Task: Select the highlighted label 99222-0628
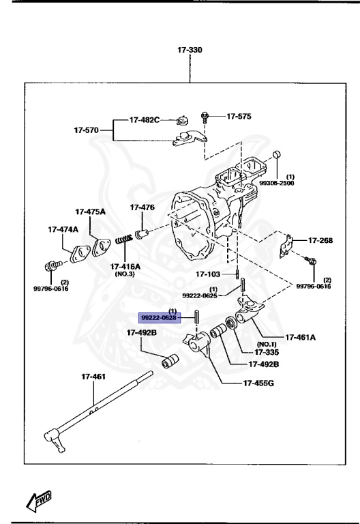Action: tap(158, 318)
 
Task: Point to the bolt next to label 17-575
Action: tap(205, 116)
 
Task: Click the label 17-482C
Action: tap(145, 120)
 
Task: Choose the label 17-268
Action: tap(320, 240)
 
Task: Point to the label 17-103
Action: tap(209, 274)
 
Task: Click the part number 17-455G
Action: tap(259, 383)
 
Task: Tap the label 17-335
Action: tap(267, 353)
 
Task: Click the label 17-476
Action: tap(142, 207)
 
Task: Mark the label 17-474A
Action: tap(63, 229)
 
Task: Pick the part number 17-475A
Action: tap(91, 212)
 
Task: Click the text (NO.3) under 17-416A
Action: tap(123, 274)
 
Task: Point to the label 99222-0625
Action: tap(200, 295)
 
